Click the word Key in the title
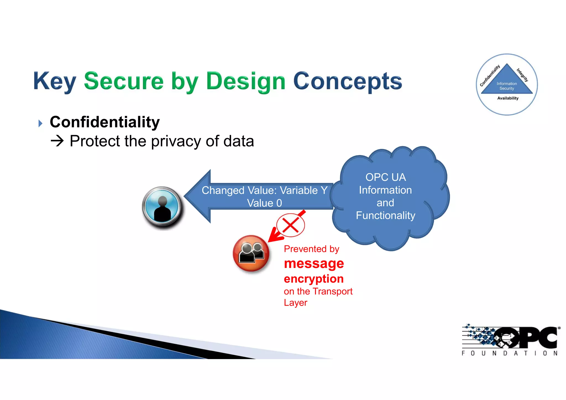pos(54,81)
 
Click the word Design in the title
pos(245,81)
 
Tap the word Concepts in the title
pos(347,81)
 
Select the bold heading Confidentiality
pos(105,122)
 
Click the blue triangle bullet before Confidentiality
pos(40,123)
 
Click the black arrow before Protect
pos(57,141)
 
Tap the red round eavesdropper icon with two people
pos(251,253)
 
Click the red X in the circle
pos(290,225)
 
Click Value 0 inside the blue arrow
pos(264,203)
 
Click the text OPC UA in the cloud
pos(386,177)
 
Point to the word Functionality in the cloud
pos(386,215)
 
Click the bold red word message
pos(314,264)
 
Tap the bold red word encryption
pos(314,279)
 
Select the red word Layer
pos(295,302)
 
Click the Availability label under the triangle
pos(508,98)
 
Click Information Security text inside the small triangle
pos(507,86)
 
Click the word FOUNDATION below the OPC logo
pos(509,353)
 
